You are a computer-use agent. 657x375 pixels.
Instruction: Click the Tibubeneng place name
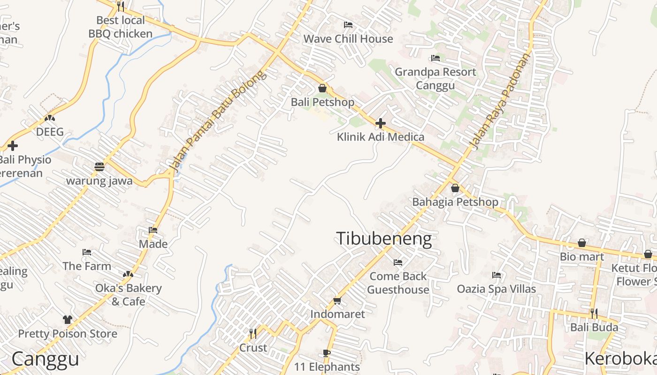coord(384,239)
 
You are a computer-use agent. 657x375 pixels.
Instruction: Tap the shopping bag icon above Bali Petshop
coord(322,88)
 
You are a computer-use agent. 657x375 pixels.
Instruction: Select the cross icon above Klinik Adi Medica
coord(381,123)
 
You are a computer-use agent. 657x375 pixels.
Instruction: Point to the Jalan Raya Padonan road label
coord(500,101)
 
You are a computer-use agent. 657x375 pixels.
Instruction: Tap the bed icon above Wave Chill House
coord(348,25)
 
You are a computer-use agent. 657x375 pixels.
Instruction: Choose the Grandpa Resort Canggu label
coord(435,78)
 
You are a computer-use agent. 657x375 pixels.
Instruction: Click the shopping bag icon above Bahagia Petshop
coord(455,188)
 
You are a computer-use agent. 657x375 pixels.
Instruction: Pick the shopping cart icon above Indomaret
coord(337,300)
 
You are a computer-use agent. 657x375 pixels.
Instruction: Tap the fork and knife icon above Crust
coord(253,334)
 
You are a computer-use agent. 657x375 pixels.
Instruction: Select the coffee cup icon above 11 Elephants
coord(327,353)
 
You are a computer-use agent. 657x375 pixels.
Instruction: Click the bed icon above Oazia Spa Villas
coord(497,275)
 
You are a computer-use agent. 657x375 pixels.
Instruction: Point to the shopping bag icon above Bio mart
coord(582,243)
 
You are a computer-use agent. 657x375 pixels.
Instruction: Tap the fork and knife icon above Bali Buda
coord(594,313)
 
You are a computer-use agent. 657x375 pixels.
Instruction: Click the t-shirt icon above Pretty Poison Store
coord(68,320)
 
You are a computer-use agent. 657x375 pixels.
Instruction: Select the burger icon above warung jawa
coord(99,167)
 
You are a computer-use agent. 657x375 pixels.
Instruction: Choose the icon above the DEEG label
coord(50,118)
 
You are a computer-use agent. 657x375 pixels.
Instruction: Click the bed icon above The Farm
coord(87,252)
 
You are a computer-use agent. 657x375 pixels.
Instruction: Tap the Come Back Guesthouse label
coord(398,283)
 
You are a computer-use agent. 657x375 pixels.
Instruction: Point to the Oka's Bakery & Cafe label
coord(128,294)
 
